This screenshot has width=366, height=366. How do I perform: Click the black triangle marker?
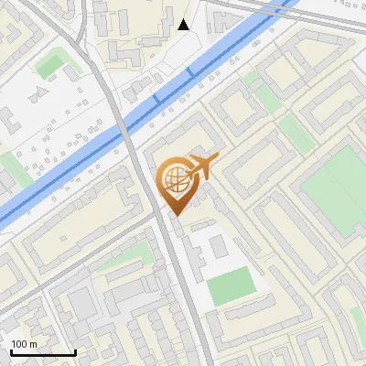click(184, 25)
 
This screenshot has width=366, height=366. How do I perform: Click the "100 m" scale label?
click(24, 344)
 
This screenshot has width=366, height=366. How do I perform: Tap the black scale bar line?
click(42, 353)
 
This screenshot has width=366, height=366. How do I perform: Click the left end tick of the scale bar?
click(10, 351)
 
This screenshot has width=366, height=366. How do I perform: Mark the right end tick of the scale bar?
click(74, 351)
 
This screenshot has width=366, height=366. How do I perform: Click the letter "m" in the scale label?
click(33, 344)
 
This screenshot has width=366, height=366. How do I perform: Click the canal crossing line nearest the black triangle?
click(189, 71)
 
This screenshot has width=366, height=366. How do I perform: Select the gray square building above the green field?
click(217, 245)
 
